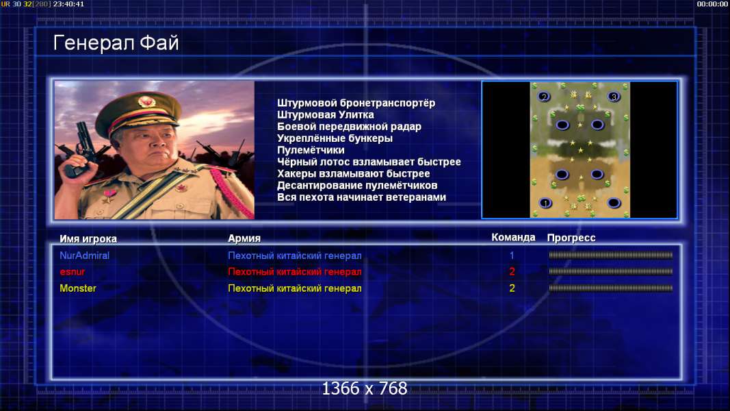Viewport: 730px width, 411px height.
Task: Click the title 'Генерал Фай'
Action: [116, 43]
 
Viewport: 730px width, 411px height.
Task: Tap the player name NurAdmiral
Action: [84, 256]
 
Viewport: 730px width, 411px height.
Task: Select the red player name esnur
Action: [72, 272]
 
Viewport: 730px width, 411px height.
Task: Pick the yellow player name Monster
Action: [78, 288]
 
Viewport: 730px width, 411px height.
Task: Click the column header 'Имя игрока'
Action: [88, 238]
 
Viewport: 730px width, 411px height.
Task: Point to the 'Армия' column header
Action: [244, 238]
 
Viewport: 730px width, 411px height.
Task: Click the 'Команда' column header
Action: [513, 237]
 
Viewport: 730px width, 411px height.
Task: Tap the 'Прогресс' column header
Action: [571, 238]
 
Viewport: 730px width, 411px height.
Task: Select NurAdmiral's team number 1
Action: [512, 256]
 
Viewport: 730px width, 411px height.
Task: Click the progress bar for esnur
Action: [611, 271]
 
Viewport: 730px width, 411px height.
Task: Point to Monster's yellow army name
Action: [295, 288]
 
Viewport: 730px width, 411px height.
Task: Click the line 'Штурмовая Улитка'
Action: [326, 114]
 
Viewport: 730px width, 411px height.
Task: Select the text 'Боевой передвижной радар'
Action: [349, 126]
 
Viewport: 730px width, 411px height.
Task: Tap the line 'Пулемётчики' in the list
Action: [311, 150]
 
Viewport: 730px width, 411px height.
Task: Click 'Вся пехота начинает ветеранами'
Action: [361, 197]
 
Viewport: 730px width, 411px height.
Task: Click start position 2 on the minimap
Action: [543, 97]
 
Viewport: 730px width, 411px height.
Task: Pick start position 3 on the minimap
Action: [614, 97]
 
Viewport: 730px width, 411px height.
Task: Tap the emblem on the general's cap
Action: [146, 102]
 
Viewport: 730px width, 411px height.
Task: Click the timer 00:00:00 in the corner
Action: [712, 4]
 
